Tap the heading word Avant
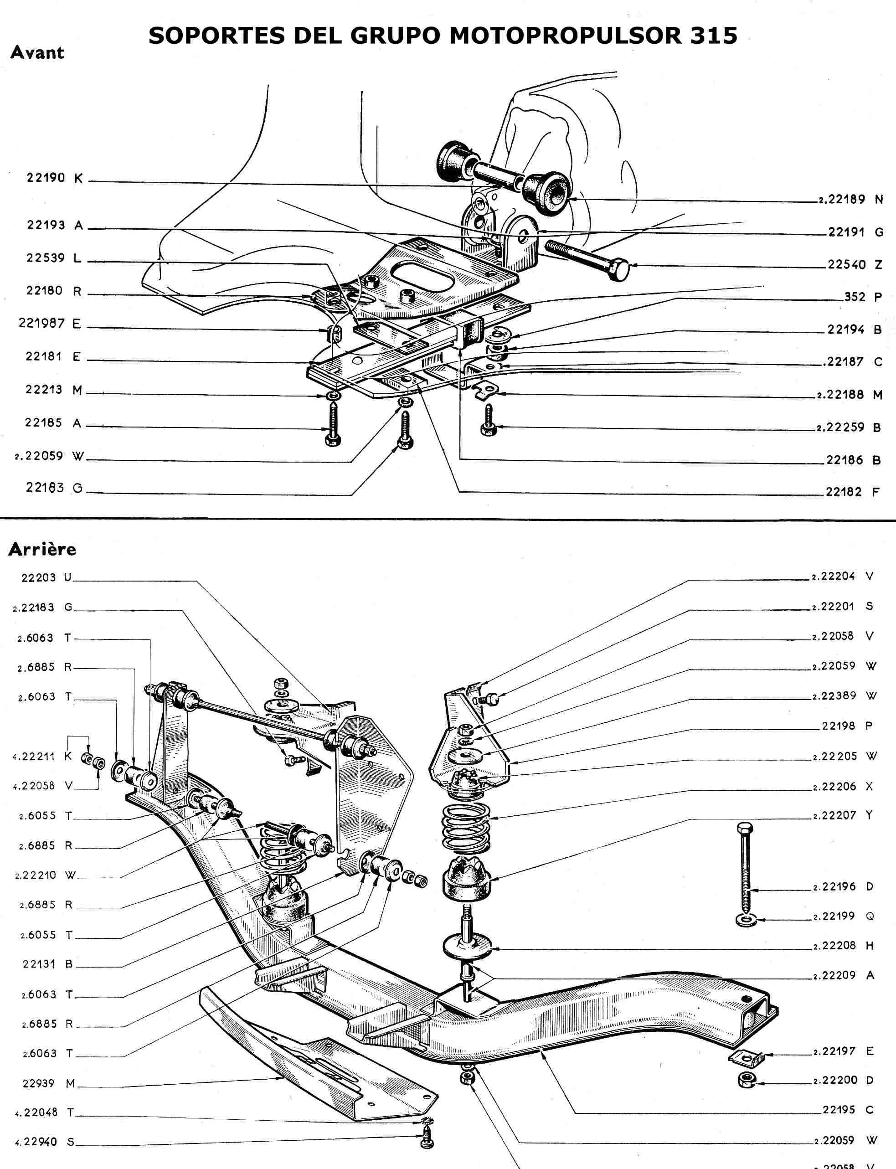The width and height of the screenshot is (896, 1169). click(x=37, y=52)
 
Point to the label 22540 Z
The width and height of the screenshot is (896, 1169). click(x=855, y=264)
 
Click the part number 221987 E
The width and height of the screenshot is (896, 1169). click(x=50, y=323)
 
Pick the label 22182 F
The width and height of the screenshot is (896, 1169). click(x=852, y=492)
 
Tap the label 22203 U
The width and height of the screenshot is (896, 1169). click(x=46, y=577)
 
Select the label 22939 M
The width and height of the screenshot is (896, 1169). click(x=49, y=1083)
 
